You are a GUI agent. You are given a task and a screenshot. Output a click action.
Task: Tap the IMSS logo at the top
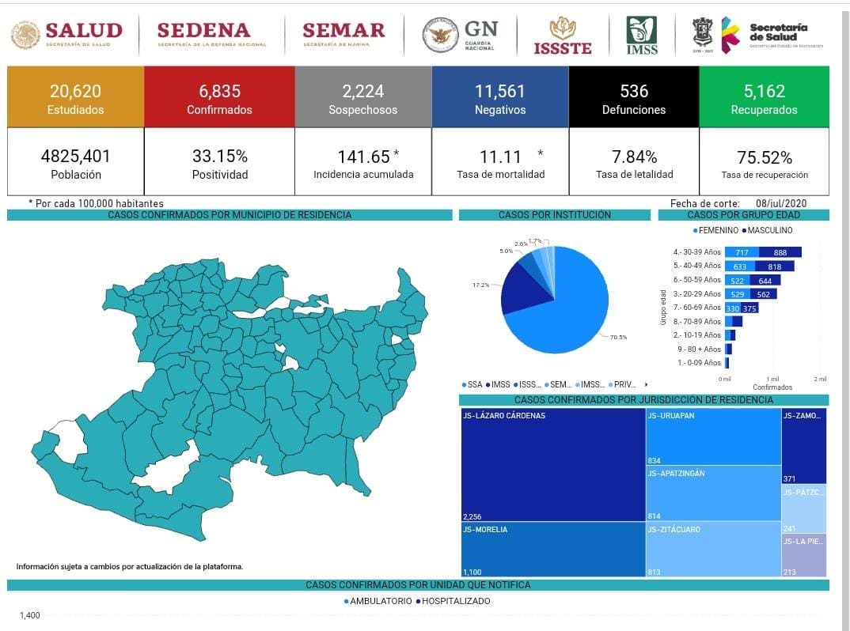(x=642, y=36)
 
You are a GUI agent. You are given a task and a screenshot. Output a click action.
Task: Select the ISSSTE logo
(x=563, y=36)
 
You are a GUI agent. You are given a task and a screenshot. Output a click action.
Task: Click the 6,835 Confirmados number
(x=219, y=91)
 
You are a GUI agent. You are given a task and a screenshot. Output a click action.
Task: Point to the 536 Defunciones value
(x=634, y=91)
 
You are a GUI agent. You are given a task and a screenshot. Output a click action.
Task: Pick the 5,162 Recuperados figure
(x=764, y=91)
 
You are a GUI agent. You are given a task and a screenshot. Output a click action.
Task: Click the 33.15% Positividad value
(x=219, y=156)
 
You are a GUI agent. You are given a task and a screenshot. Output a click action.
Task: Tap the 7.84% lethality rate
(x=634, y=156)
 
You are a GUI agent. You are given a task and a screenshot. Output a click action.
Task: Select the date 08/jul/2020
(x=780, y=203)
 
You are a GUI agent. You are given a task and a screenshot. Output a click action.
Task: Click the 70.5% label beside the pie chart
(x=618, y=338)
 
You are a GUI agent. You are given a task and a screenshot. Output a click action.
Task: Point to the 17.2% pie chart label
(x=480, y=285)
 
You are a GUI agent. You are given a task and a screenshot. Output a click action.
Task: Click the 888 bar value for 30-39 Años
(x=780, y=252)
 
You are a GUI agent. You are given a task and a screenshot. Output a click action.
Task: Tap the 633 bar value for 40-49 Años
(x=741, y=266)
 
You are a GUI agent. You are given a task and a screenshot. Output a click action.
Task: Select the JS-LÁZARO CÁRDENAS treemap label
(x=504, y=416)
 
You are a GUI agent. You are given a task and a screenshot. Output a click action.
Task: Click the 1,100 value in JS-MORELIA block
(x=473, y=571)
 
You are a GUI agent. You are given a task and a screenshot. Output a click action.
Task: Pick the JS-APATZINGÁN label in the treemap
(x=676, y=474)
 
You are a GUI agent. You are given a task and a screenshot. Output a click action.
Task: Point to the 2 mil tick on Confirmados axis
(x=820, y=380)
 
